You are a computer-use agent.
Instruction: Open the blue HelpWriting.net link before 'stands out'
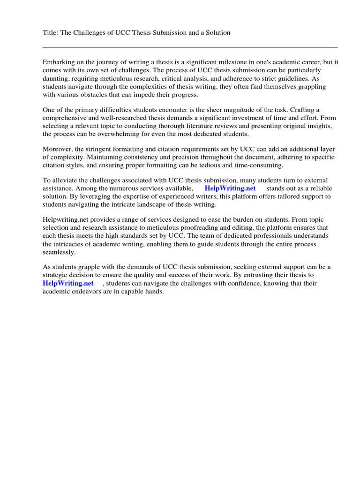[230, 188]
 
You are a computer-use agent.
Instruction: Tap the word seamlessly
[59, 252]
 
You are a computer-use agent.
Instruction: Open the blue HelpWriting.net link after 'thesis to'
[68, 283]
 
